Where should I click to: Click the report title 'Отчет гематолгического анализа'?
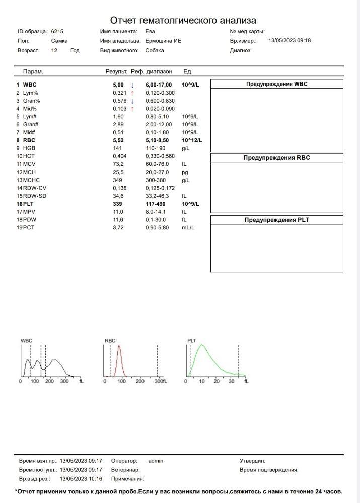coord(183,20)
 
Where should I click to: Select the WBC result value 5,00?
coord(118,85)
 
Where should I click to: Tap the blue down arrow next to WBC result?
coord(132,85)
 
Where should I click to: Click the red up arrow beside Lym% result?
coord(132,93)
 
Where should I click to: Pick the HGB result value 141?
coord(117,148)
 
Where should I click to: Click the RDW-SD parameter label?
coord(35,196)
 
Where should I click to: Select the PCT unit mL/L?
coord(188,228)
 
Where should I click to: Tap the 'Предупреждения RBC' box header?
coord(276,158)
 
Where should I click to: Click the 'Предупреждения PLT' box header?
coord(276,220)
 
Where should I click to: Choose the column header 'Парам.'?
coord(33,72)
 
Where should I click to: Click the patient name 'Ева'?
coord(150,31)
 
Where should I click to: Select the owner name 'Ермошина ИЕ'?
coord(163,41)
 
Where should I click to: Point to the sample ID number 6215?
coord(57,31)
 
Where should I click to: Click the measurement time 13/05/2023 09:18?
coord(290,41)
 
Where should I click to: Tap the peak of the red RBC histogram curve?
coord(119,346)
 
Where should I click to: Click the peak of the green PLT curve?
coord(201,345)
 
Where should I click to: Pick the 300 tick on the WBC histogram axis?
coord(64,382)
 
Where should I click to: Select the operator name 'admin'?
coord(156,461)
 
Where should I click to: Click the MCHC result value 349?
coord(117,180)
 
